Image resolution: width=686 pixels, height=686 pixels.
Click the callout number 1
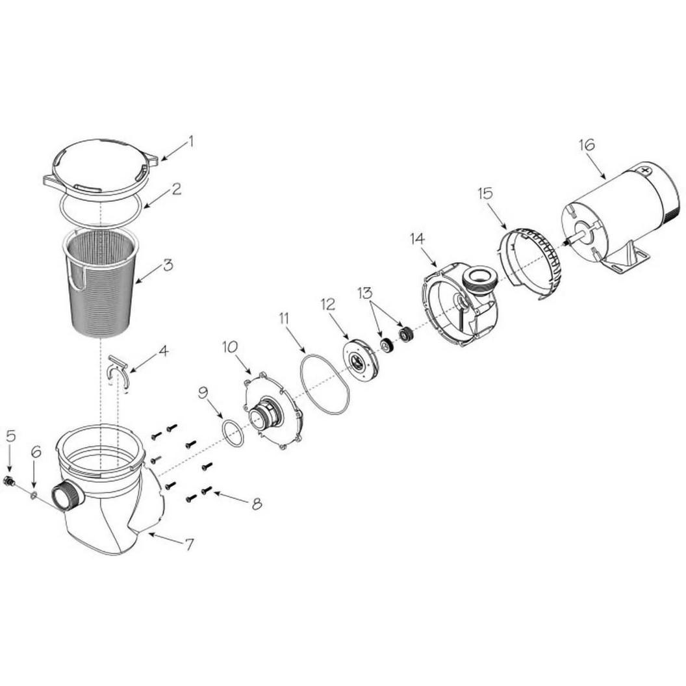pyautogui.click(x=191, y=141)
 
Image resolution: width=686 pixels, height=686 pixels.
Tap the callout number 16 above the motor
pyautogui.click(x=587, y=145)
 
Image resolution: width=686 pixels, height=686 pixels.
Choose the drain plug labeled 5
pyautogui.click(x=8, y=482)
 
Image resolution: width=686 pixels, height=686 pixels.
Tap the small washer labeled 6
pyautogui.click(x=33, y=495)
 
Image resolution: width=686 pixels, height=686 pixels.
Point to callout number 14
pyautogui.click(x=417, y=239)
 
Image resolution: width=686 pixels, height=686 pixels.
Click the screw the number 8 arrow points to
pyautogui.click(x=207, y=491)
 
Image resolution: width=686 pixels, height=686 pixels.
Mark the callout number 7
pyautogui.click(x=188, y=544)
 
